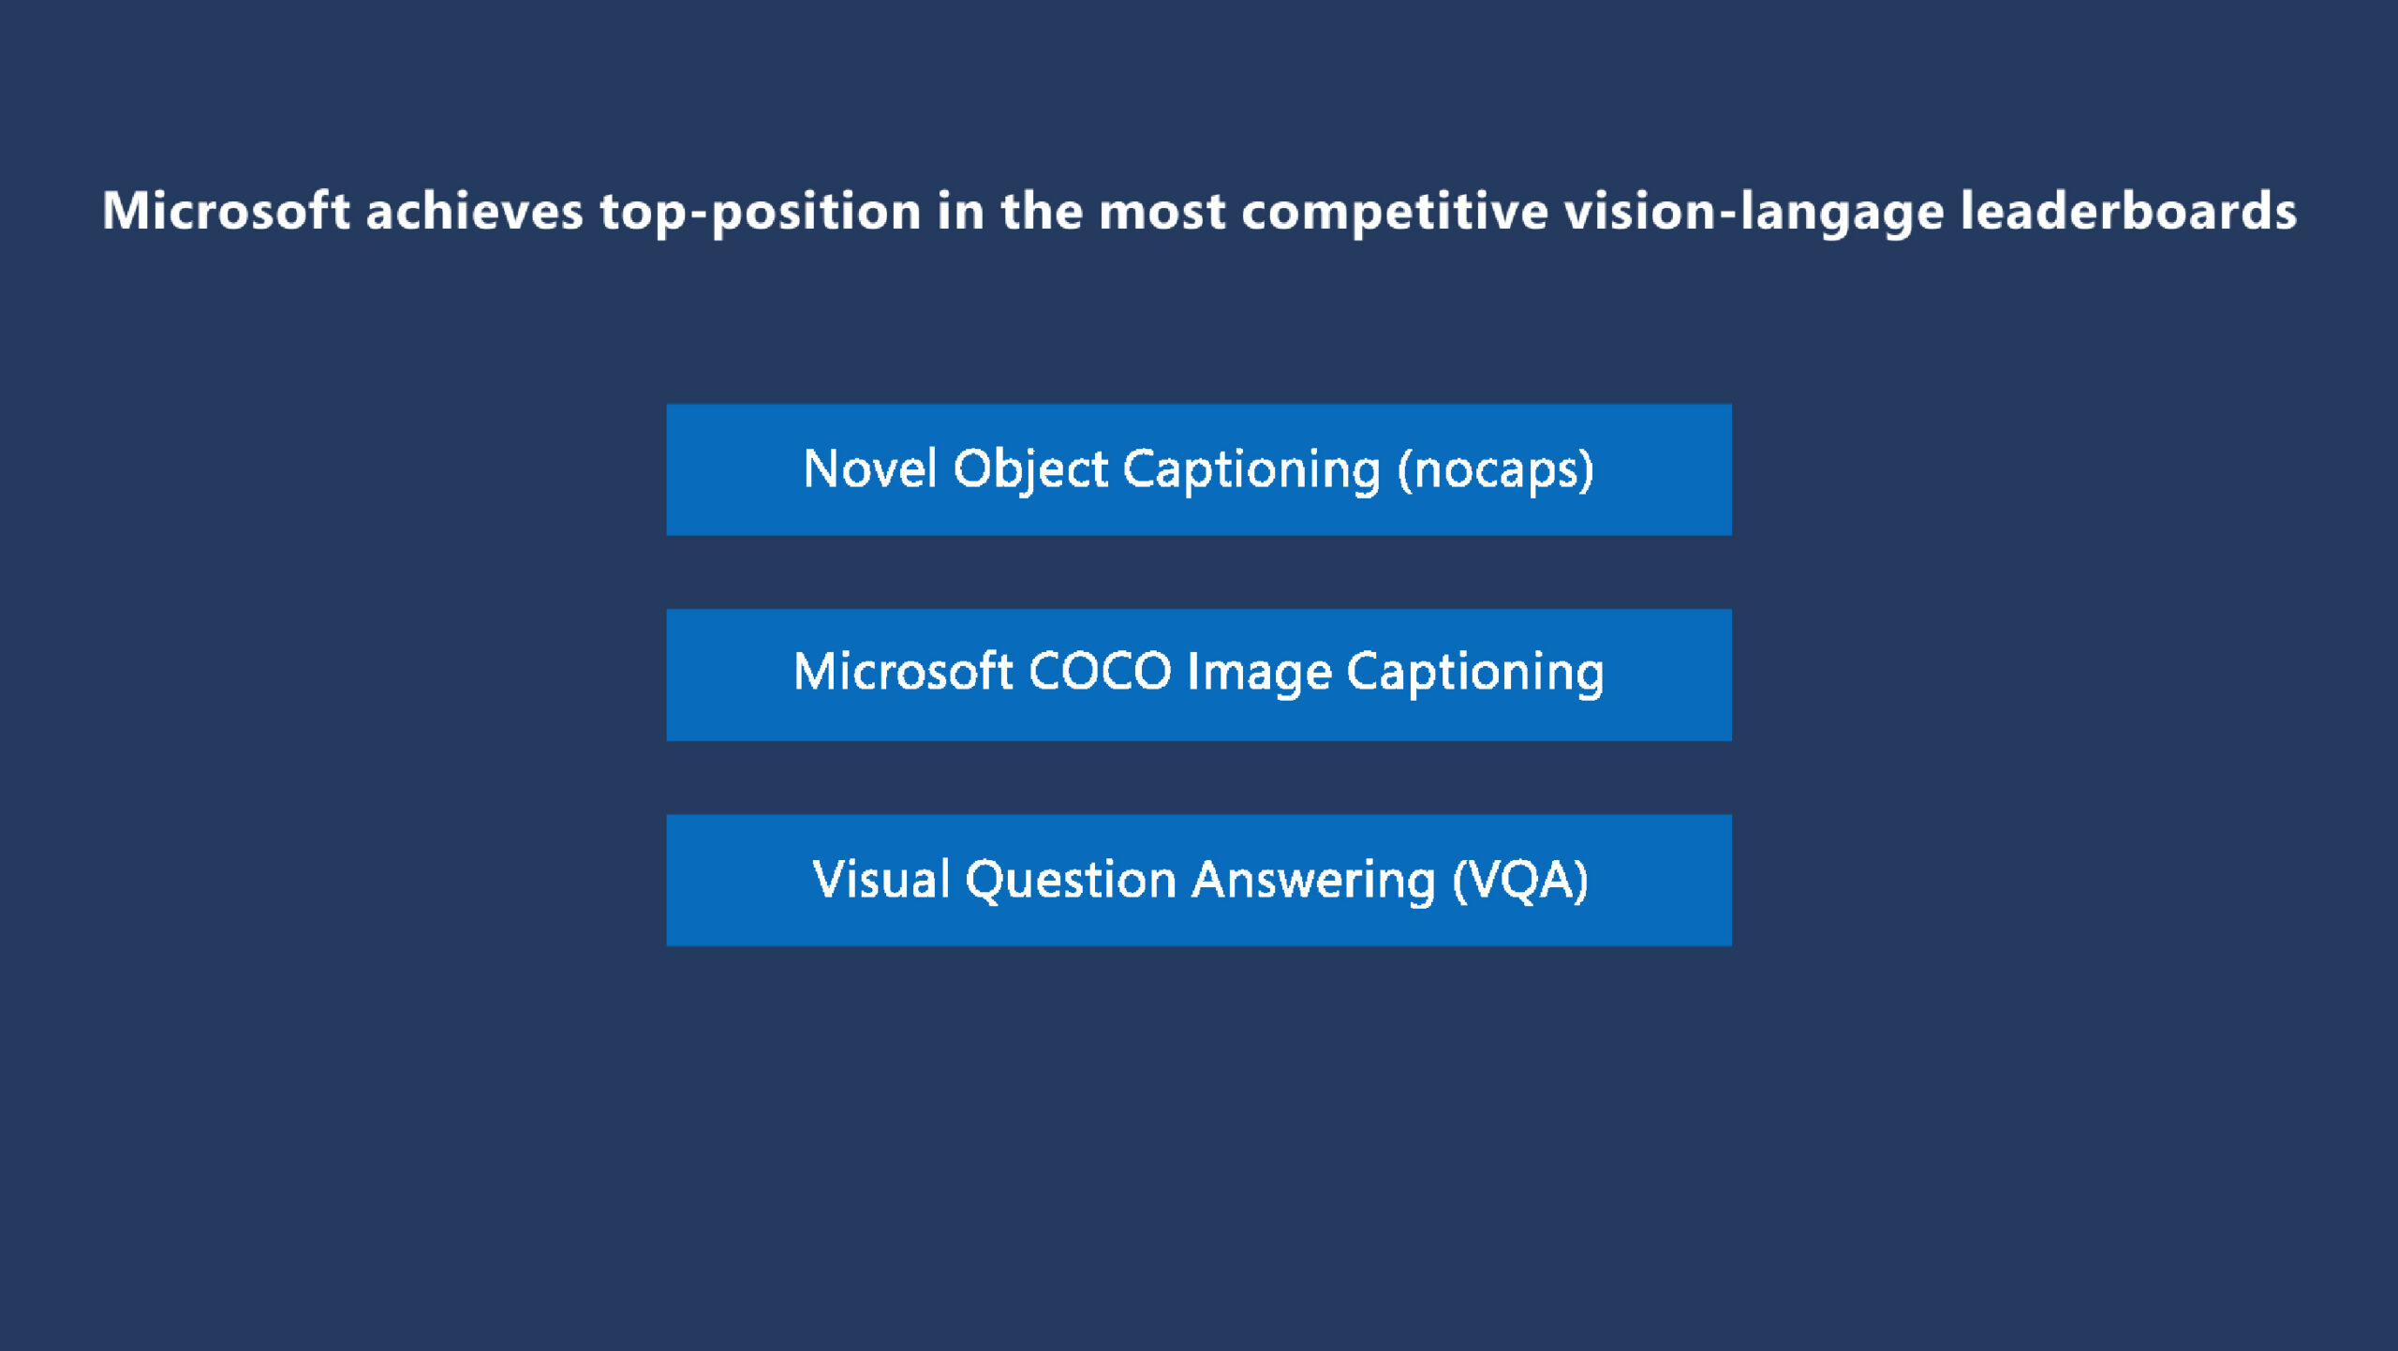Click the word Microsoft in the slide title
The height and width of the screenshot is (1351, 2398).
226,210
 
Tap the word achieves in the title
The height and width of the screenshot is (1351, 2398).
474,210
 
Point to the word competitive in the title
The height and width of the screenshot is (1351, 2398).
1395,212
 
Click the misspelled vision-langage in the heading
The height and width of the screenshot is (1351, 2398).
1754,212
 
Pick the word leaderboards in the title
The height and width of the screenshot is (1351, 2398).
2128,210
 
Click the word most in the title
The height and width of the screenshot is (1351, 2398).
1162,212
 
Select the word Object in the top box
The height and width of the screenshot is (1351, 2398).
1030,470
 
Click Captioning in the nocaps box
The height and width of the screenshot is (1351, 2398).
1251,470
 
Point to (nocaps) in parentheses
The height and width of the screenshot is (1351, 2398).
1495,470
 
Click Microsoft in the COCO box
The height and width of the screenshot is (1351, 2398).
903,671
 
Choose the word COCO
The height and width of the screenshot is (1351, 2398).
1100,672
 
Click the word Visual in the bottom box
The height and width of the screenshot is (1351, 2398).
881,879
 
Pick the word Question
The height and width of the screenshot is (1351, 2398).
1071,881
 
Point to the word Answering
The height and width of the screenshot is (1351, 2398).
1313,881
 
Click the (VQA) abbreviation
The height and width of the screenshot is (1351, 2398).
1520,881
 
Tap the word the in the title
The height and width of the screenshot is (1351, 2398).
1042,210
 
